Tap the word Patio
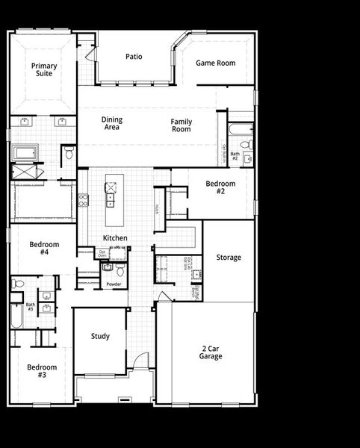134,56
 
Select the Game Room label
215,63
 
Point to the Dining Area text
112,123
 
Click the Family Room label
181,125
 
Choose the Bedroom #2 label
220,187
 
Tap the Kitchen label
115,238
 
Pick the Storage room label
229,258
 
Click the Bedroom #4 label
39,249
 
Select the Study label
100,337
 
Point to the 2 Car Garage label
211,352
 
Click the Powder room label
114,284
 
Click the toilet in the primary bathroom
68,153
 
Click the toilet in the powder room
107,267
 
